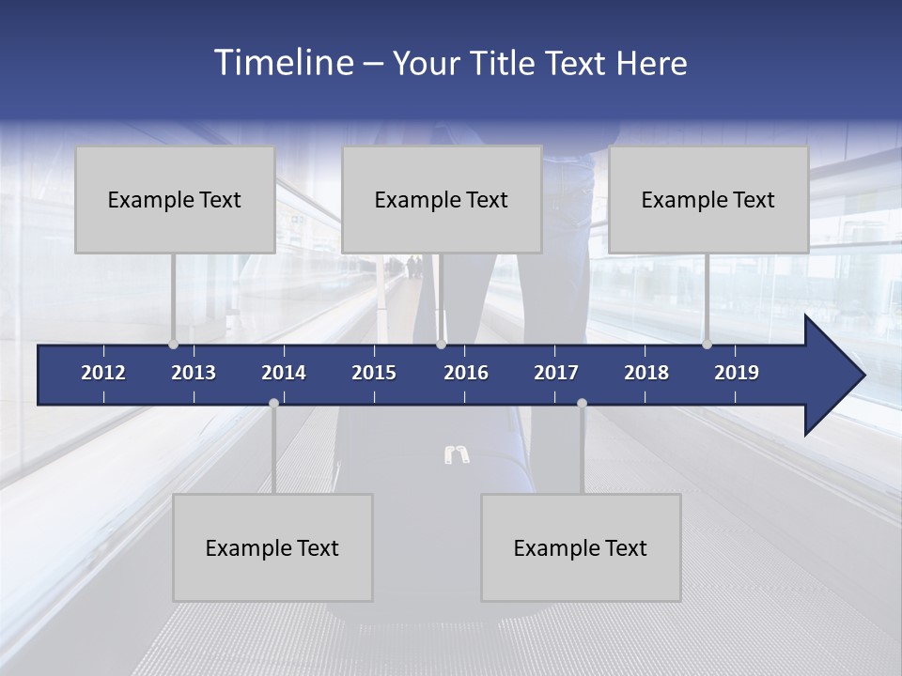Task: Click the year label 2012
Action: tap(103, 373)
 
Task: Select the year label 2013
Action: tap(194, 373)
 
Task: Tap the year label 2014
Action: tap(284, 373)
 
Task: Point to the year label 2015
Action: tap(374, 373)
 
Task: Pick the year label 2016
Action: tap(466, 373)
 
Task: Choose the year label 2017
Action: tap(556, 373)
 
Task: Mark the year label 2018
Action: tap(646, 373)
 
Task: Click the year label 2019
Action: tap(737, 373)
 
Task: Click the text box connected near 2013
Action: tap(175, 200)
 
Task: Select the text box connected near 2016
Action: tap(442, 200)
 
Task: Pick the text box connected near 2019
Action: tap(708, 200)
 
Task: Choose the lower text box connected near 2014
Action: tap(272, 548)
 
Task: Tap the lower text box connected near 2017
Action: tap(581, 548)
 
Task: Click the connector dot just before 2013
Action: tap(173, 345)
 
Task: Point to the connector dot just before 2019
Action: tap(707, 345)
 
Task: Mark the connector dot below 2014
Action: tap(273, 404)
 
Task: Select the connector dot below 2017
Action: tap(582, 404)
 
